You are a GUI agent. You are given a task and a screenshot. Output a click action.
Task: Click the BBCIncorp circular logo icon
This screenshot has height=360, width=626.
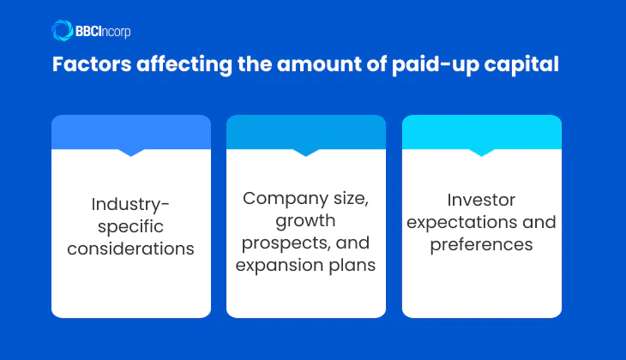tap(62, 31)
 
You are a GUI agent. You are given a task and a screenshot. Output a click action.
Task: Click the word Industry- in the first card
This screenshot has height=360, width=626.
tap(131, 205)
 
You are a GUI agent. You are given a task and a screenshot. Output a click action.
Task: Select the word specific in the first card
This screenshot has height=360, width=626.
tap(131, 227)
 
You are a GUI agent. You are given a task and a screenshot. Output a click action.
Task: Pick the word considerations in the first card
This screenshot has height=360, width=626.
tap(131, 249)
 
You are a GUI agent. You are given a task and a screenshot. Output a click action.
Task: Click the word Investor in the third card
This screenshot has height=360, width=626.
tap(481, 200)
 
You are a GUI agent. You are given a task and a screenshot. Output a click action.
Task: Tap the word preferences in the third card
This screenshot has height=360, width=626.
tap(481, 244)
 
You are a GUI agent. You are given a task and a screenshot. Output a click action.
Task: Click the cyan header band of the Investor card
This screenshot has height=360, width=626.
tap(481, 131)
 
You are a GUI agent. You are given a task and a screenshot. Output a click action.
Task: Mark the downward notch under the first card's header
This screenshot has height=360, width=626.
tap(131, 153)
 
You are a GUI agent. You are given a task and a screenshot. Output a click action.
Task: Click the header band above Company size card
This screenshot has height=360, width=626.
tap(306, 131)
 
